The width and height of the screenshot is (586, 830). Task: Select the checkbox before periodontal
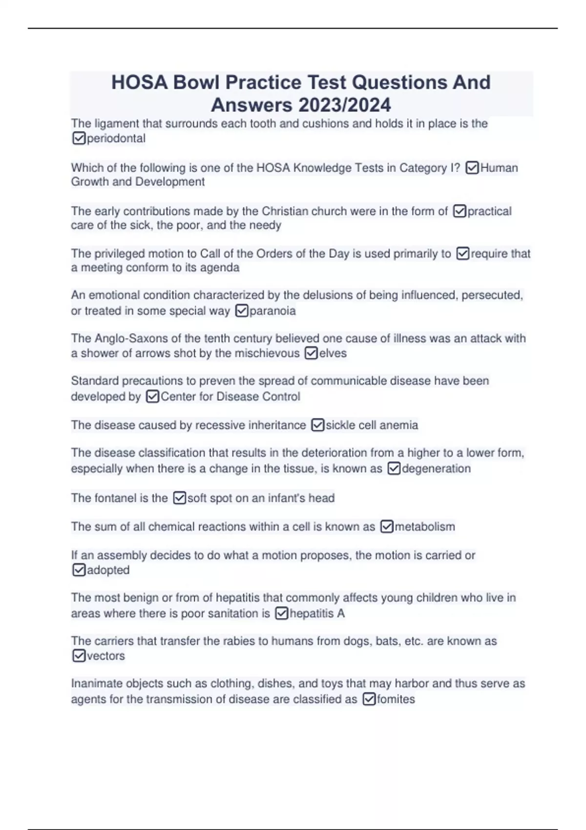tap(79, 139)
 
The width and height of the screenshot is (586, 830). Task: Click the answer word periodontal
tap(116, 139)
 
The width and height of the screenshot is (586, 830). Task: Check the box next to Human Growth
tap(472, 168)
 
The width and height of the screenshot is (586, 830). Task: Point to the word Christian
tap(285, 211)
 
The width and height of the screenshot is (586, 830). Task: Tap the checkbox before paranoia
tap(242, 311)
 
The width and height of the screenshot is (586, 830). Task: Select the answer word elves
tap(333, 353)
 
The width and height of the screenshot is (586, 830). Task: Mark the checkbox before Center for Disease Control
tap(152, 396)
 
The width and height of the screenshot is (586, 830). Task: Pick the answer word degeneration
tap(436, 469)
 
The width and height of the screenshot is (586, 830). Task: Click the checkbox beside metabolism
tap(386, 527)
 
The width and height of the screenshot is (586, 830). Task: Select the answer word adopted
tap(108, 570)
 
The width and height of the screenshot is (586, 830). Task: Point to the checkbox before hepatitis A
tap(282, 613)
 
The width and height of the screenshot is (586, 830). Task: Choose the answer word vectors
tap(105, 656)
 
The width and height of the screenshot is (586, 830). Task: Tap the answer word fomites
tap(396, 699)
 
